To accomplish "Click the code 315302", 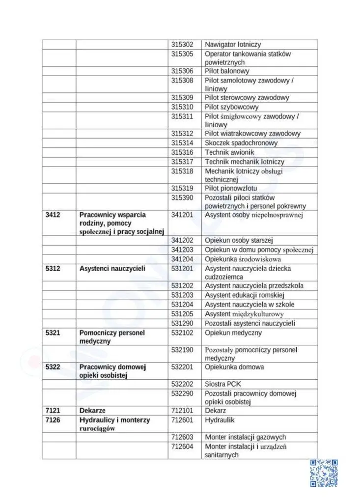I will [x=182, y=45].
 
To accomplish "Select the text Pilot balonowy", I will [x=227, y=71].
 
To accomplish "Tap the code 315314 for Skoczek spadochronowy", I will [x=182, y=143].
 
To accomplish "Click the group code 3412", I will [x=53, y=215].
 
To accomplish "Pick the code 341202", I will [x=182, y=240].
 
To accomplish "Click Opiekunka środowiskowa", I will [x=243, y=259].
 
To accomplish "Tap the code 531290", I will [x=182, y=323].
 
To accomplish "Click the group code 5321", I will [x=53, y=333].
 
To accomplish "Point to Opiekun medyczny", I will [x=233, y=333].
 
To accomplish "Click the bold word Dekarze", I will [x=92, y=410].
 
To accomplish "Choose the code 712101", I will [x=182, y=410].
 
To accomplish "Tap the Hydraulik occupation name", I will [x=220, y=420].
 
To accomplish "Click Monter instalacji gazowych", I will [x=245, y=437].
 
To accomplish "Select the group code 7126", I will [x=53, y=420].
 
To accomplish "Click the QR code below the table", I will [x=324, y=473].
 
